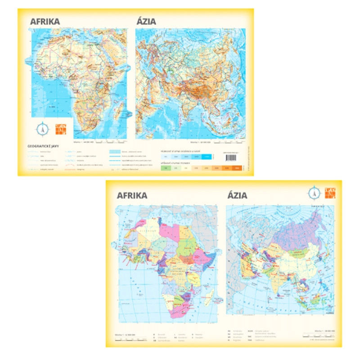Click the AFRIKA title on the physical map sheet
point(45,21)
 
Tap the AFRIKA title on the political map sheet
point(132,195)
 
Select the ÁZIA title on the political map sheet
point(238,195)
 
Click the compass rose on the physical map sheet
point(42,128)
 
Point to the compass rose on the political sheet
point(314,193)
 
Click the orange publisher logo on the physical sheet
point(59,128)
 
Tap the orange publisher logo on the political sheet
point(330,193)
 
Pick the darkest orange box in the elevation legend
point(237,168)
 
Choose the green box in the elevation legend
point(166,168)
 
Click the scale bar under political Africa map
point(130,338)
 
